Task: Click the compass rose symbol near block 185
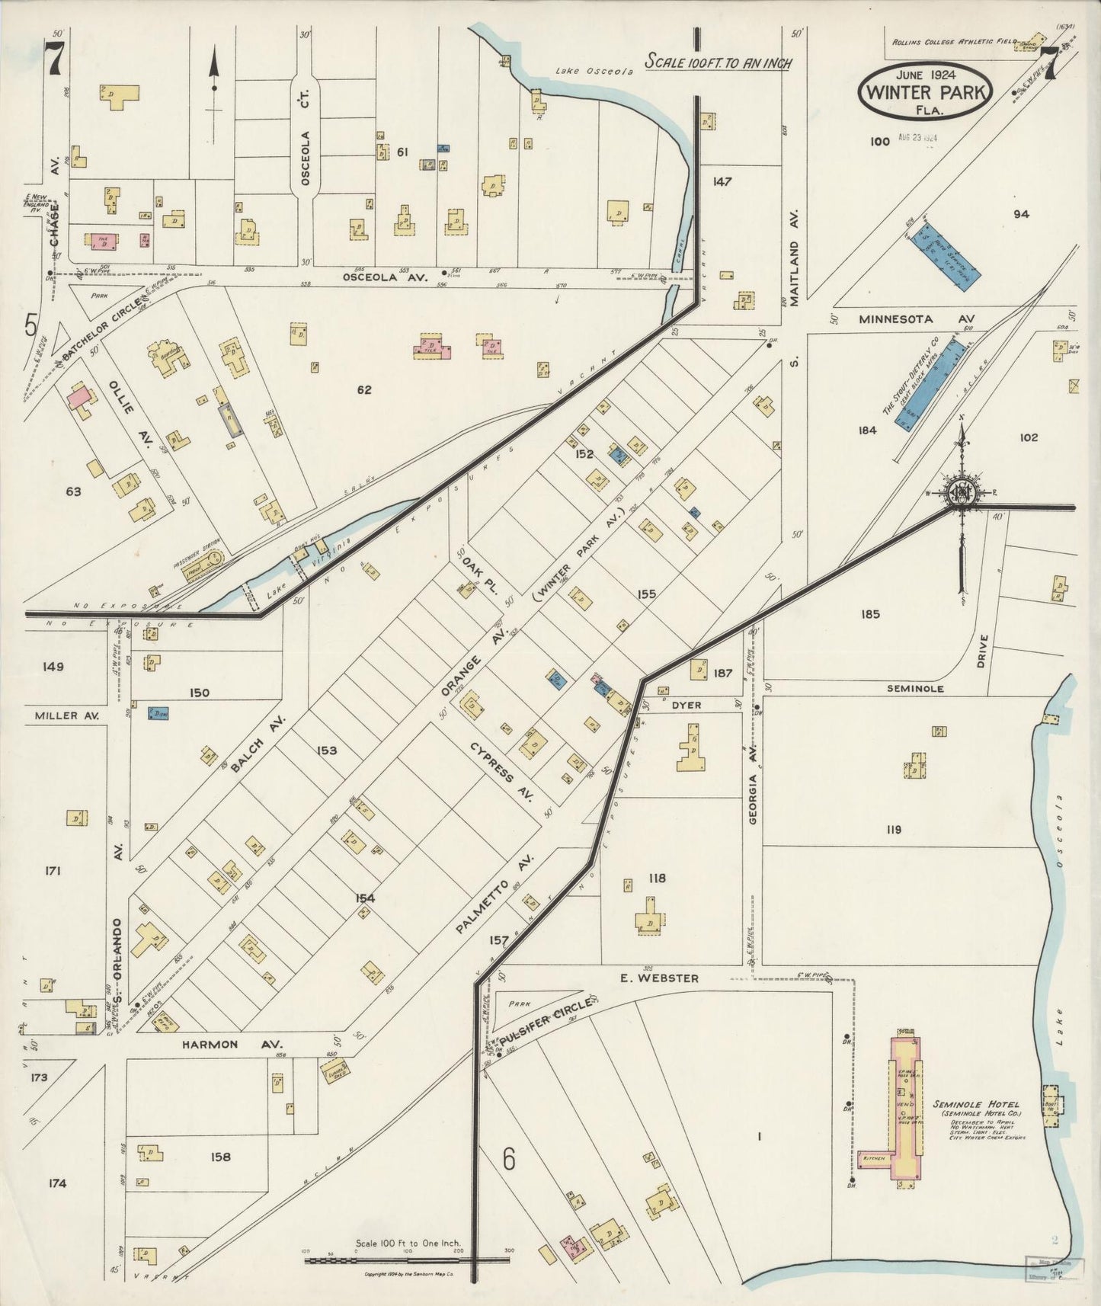[x=962, y=494]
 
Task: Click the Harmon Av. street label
[x=232, y=1045]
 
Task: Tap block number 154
[x=365, y=898]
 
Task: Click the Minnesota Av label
[x=915, y=319]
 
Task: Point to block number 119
[x=893, y=830]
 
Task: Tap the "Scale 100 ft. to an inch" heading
[x=718, y=62]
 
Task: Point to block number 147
[x=722, y=181]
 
